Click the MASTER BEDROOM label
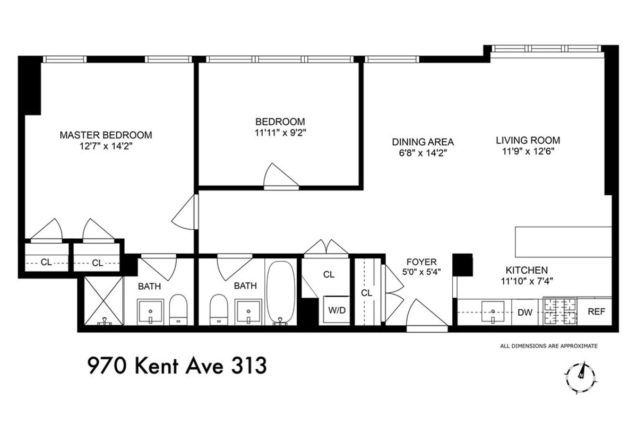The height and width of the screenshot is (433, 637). (x=105, y=135)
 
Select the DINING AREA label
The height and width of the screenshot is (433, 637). (x=423, y=142)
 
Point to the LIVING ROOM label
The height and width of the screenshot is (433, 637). (x=528, y=141)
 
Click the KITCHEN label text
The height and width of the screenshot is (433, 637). (x=526, y=270)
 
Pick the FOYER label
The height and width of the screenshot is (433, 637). (x=421, y=262)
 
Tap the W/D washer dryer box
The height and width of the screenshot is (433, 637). (x=337, y=310)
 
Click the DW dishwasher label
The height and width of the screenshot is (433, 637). (x=524, y=313)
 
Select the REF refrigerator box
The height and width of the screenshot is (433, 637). (x=596, y=312)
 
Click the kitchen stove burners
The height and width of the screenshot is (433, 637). (x=559, y=311)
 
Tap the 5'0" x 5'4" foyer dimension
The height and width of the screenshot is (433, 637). (x=422, y=272)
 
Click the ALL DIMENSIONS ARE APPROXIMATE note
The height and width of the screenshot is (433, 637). (x=548, y=346)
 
